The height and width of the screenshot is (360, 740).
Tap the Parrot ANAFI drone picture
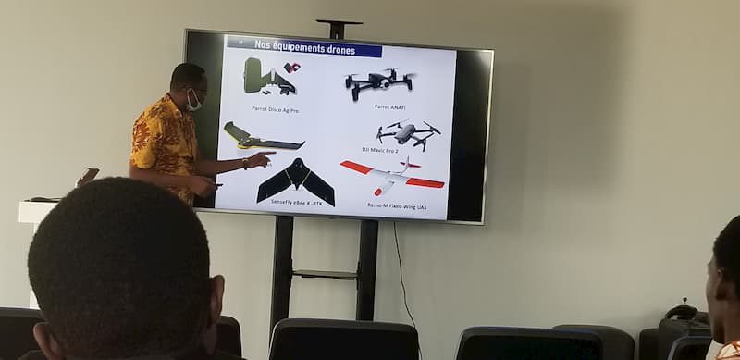[378, 81]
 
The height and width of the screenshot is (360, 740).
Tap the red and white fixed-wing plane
[393, 175]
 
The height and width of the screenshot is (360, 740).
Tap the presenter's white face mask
[193, 102]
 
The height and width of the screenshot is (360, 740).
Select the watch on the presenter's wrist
[245, 164]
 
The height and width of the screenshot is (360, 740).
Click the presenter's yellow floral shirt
[164, 139]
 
